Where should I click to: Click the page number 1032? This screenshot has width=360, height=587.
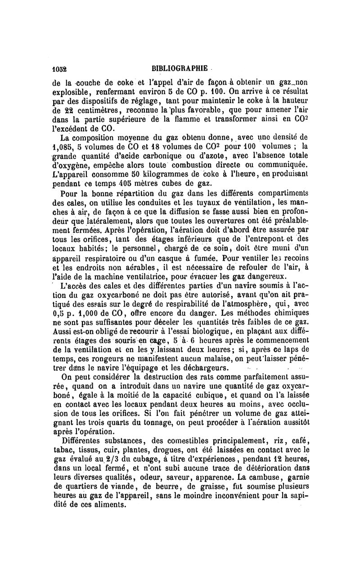[59, 69]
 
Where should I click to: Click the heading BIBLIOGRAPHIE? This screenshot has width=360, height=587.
[180, 68]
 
